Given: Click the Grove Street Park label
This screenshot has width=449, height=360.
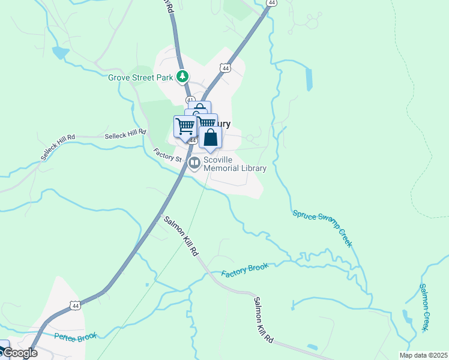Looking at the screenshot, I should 140,77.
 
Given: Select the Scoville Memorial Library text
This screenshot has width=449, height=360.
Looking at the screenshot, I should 235,164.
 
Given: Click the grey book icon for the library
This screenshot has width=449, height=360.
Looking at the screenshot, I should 194,163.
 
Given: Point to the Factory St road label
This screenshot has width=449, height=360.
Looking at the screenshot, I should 167,155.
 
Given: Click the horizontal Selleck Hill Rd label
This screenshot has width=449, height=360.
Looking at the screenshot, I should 125,134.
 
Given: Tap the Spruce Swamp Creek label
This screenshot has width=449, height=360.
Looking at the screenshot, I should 322,229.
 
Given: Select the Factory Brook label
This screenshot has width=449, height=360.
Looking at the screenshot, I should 243,269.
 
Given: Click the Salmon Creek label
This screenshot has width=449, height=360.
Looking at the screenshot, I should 424,307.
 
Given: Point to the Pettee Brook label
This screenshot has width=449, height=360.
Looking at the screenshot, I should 76,337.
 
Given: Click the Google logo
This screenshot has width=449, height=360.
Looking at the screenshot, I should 20,353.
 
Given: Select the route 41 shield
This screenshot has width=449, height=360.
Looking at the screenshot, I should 190,100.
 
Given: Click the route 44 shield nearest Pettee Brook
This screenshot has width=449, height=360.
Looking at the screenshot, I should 75,305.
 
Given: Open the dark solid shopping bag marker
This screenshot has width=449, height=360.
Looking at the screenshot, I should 211,137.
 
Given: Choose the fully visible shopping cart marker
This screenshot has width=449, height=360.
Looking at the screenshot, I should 185,126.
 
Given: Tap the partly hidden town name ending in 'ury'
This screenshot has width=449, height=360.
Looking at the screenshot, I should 223,125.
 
